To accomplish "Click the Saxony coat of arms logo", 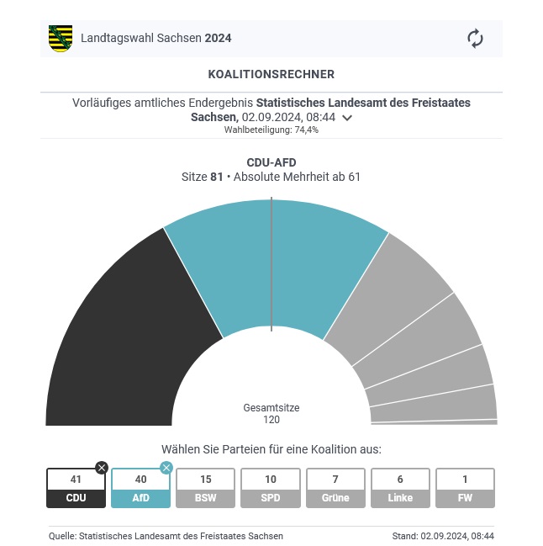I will tap(61, 39).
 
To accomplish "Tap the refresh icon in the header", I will tap(475, 39).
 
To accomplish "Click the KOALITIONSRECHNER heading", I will tap(271, 75).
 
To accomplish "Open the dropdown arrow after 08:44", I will tap(347, 118).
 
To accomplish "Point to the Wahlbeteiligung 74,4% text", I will tap(271, 130).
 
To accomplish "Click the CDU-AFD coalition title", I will tap(271, 162).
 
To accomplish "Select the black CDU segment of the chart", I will tap(126, 337).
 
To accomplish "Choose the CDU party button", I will tap(76, 489).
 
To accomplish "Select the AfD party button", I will tap(140, 489).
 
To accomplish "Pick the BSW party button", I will tap(206, 489).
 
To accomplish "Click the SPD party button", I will tap(271, 489).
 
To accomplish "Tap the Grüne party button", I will tap(335, 489).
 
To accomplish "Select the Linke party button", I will tap(400, 489).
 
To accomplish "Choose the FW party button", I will tap(465, 489).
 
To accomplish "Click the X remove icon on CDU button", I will tap(102, 468).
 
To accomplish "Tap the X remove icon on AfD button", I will tap(166, 468).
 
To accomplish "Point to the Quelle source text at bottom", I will tap(166, 536).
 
